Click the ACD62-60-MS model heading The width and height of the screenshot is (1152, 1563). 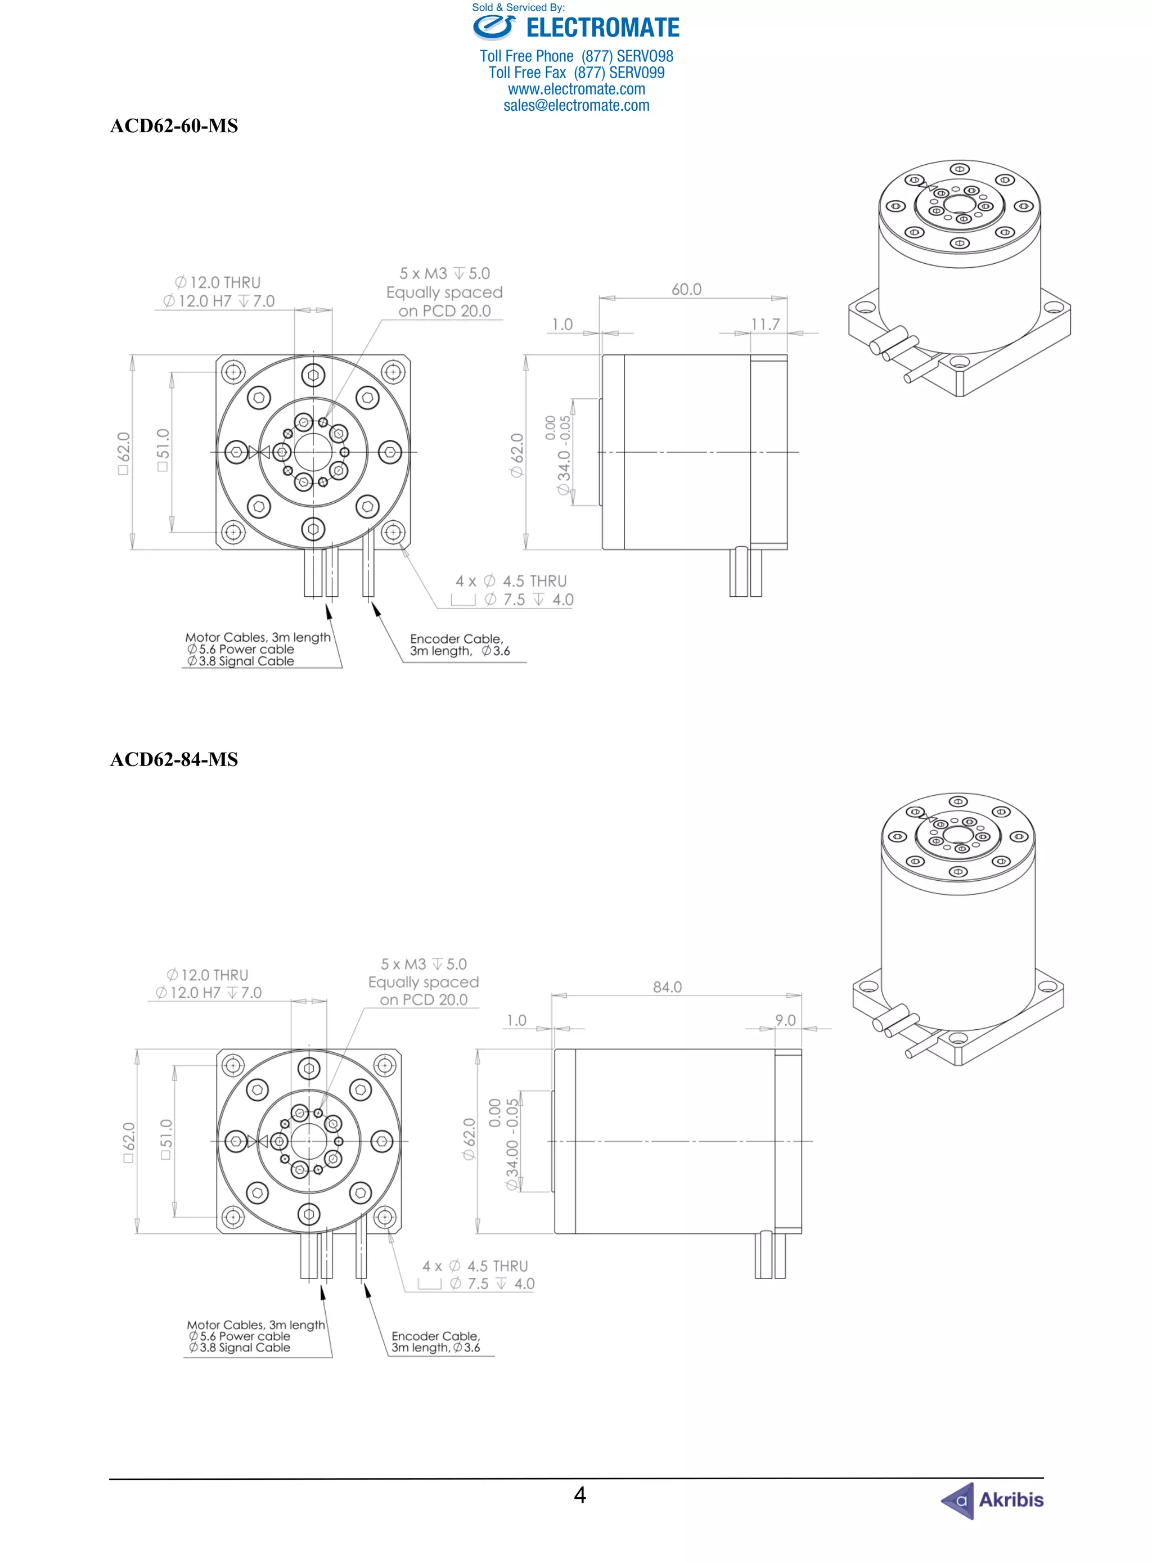[x=174, y=125]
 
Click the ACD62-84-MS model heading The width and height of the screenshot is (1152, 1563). [x=174, y=759]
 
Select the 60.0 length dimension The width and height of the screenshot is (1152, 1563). [x=686, y=289]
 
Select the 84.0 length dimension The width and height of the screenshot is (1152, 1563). [x=667, y=987]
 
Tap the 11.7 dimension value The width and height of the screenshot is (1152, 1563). [x=765, y=324]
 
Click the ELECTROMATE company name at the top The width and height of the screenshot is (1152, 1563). [x=602, y=28]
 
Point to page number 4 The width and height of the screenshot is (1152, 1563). [x=579, y=1495]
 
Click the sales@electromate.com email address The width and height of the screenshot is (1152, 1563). [x=576, y=105]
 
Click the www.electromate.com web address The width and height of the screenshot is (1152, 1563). [x=576, y=89]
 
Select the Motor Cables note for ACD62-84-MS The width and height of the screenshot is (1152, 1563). [x=255, y=1336]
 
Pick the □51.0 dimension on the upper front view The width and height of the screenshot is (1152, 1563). [x=163, y=451]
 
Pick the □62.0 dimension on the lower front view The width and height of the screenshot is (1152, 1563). [x=128, y=1142]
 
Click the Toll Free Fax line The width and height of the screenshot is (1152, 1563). [x=576, y=73]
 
